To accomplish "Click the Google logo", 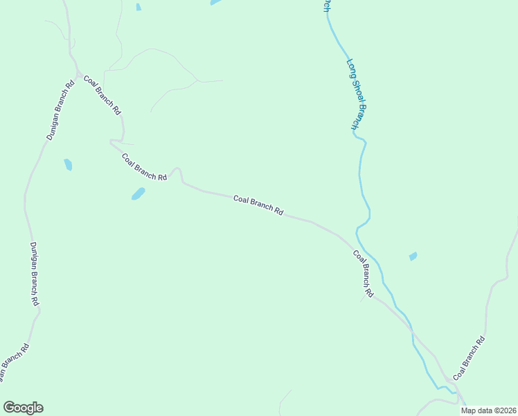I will [x=23, y=408].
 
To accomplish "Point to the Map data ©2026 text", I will [x=489, y=410].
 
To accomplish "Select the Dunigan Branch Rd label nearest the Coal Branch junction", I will [x=60, y=111].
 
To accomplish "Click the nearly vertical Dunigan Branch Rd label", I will [x=35, y=274].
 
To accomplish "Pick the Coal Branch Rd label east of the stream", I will [x=470, y=358].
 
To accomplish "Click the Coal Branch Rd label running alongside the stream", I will [x=364, y=274].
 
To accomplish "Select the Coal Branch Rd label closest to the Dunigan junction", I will [x=102, y=95].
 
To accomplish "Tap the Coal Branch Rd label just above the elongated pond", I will [x=145, y=167].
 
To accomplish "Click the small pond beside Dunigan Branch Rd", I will [x=68, y=164].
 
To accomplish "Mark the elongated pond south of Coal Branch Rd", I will [x=139, y=193].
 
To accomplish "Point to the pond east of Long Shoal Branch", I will [x=413, y=257].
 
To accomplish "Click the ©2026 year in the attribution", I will [x=504, y=410].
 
